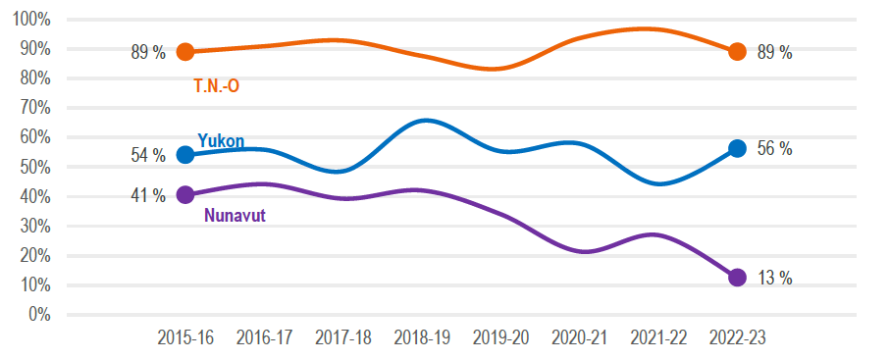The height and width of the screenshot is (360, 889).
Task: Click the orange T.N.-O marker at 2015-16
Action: (184, 52)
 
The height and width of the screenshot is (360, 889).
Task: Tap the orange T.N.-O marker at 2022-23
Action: (738, 52)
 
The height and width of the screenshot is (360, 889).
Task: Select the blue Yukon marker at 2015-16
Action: (184, 155)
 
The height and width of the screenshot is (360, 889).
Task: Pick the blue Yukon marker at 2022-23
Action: (738, 148)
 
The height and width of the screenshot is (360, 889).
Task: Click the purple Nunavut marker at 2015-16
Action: (184, 194)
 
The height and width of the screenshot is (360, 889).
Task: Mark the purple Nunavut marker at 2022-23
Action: (738, 278)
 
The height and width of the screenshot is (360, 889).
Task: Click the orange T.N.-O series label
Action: (216, 86)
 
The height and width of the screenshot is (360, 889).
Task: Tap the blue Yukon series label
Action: (221, 140)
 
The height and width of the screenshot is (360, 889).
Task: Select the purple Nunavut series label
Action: (235, 215)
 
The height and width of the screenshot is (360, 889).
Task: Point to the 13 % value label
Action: (774, 279)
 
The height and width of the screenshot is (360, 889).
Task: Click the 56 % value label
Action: (774, 149)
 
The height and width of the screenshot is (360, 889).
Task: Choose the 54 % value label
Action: (148, 156)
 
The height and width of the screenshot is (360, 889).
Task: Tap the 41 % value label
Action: (148, 195)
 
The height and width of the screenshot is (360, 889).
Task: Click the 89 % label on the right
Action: (774, 53)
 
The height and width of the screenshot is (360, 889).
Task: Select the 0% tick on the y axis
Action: (39, 315)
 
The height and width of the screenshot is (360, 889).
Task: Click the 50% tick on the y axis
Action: (35, 167)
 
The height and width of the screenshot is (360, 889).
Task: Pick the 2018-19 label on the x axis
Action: (422, 337)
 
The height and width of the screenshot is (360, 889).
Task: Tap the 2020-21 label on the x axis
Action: (580, 337)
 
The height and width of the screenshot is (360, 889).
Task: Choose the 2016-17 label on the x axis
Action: (264, 337)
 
